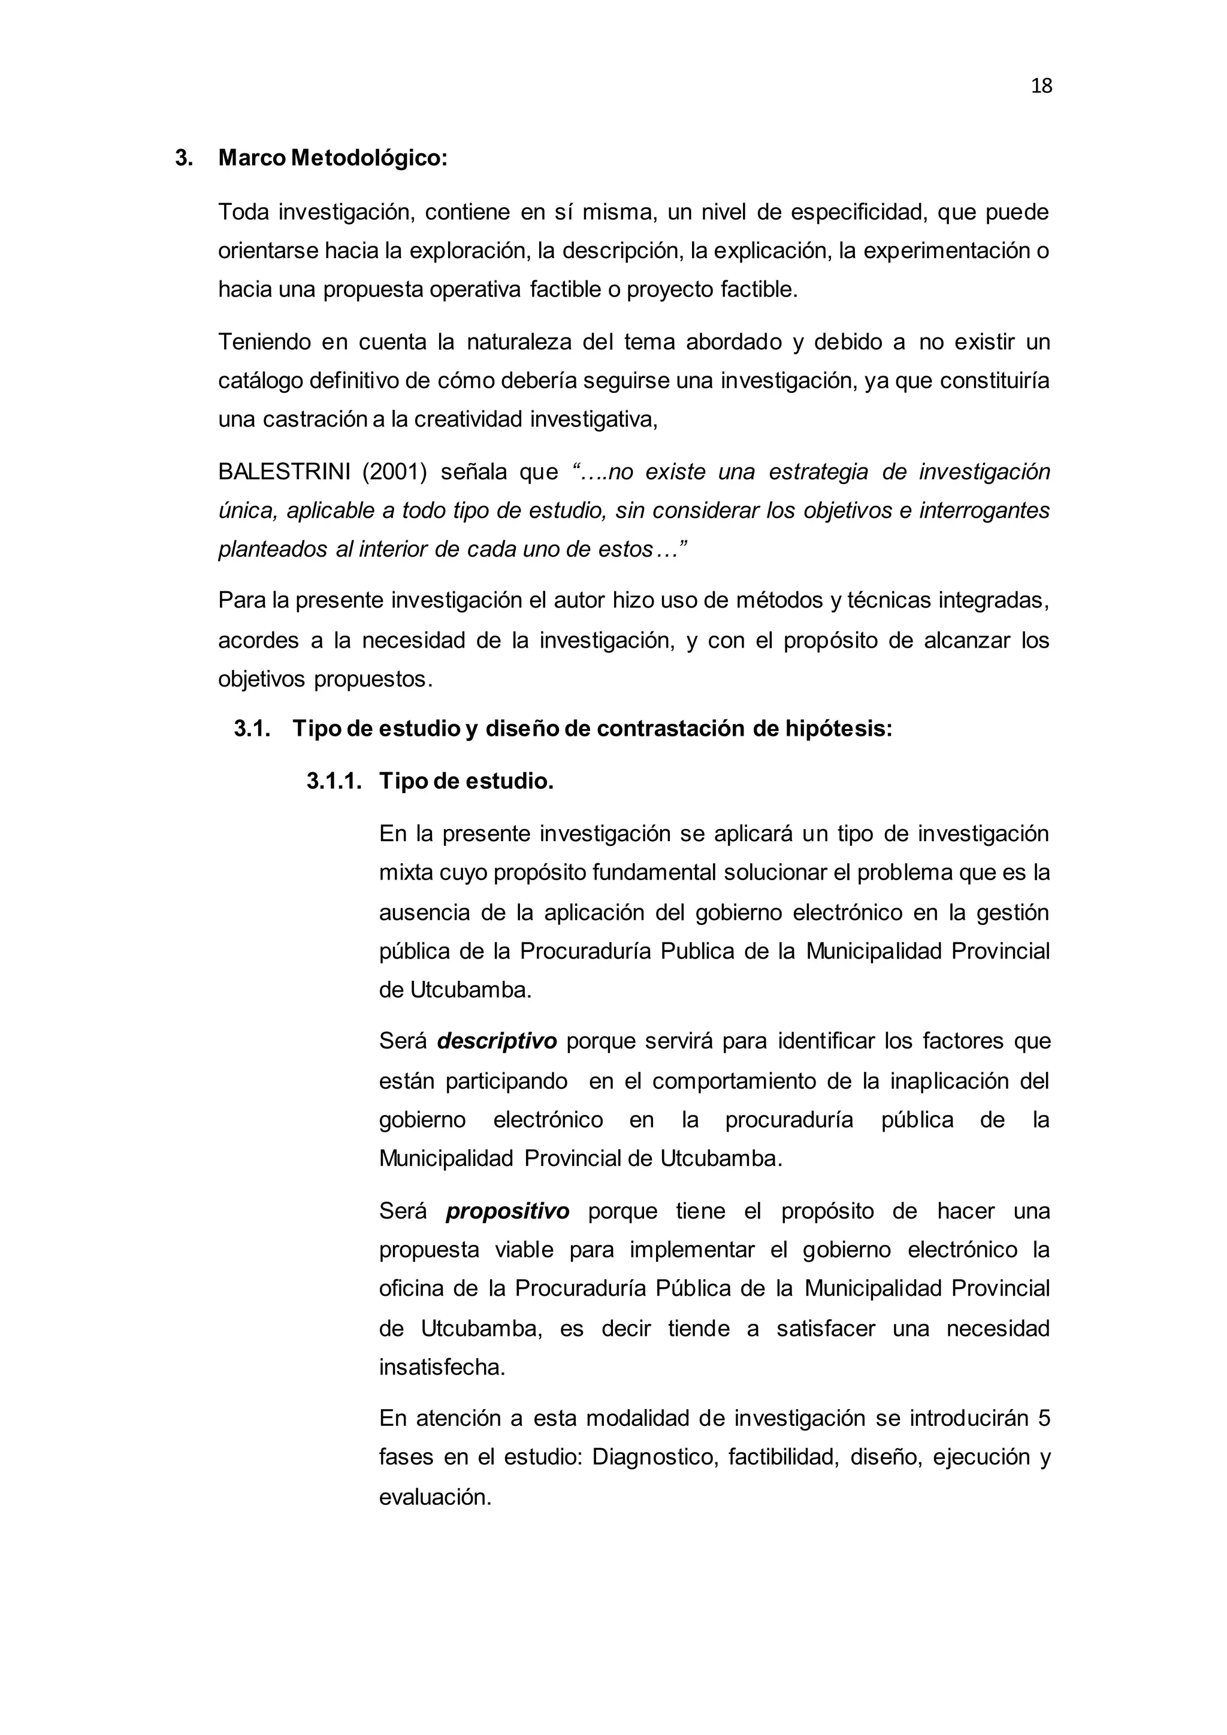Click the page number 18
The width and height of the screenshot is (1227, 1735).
click(1041, 87)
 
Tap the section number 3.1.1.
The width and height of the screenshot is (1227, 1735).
click(334, 781)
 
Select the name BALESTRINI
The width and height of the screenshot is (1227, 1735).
click(284, 472)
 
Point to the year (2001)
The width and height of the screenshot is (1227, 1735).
click(394, 472)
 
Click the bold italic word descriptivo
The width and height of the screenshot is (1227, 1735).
click(497, 1041)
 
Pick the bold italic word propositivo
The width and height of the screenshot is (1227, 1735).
click(507, 1211)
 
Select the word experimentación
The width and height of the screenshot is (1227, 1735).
click(946, 251)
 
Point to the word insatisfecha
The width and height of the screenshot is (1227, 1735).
click(442, 1368)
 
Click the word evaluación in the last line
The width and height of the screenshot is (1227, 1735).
click(435, 1496)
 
